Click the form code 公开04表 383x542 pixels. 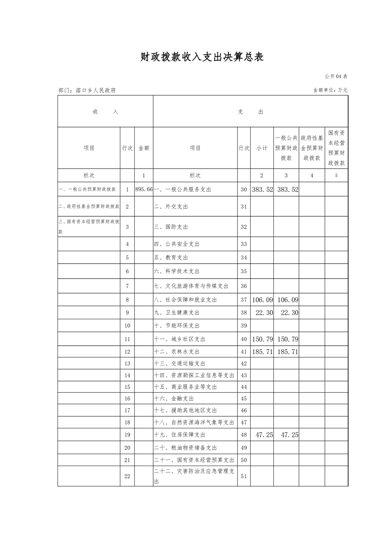pyautogui.click(x=336, y=76)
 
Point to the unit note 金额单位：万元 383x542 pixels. pyautogui.click(x=330, y=90)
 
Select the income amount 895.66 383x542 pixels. pyautogui.click(x=144, y=190)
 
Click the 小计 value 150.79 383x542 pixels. pyautogui.click(x=263, y=339)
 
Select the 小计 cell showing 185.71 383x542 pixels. pyautogui.click(x=263, y=352)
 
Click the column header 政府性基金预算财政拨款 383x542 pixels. pyautogui.click(x=312, y=148)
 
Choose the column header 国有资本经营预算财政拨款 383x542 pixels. pyautogui.click(x=337, y=148)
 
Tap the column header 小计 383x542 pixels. pyautogui.click(x=262, y=148)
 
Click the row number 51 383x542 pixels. pyautogui.click(x=244, y=476)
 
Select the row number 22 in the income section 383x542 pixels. pyautogui.click(x=127, y=476)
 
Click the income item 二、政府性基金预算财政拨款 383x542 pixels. pyautogui.click(x=89, y=207)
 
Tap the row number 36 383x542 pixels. pyautogui.click(x=244, y=286)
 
